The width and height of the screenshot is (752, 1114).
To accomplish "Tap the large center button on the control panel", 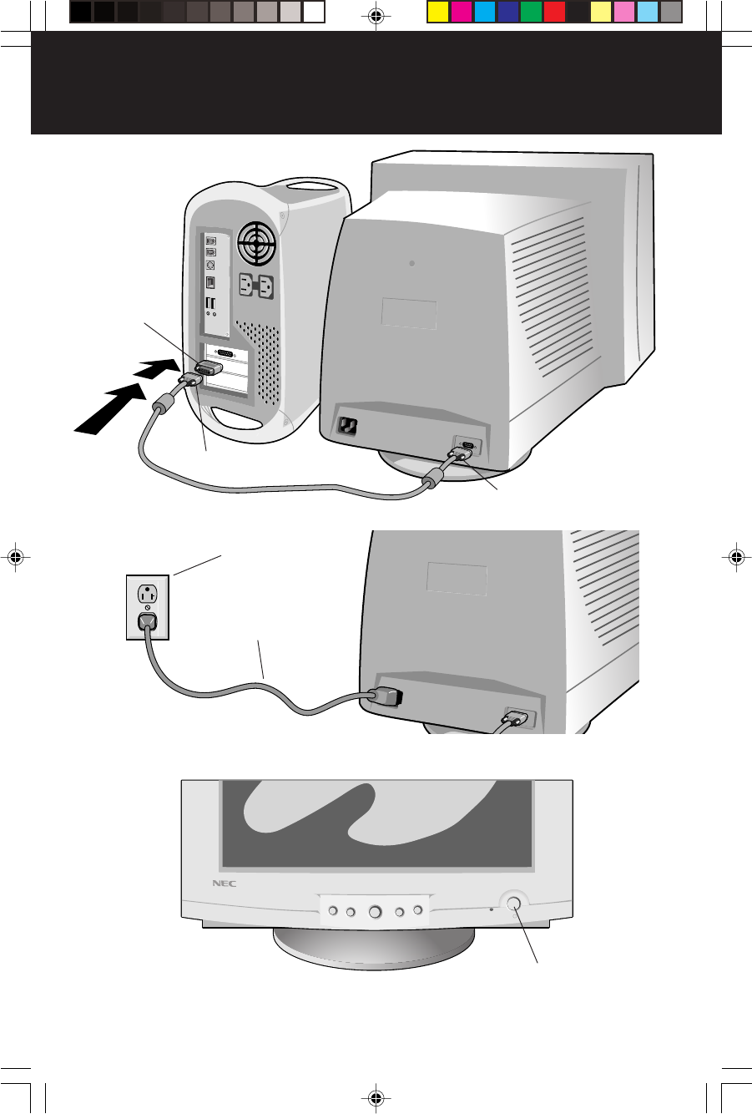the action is [x=375, y=911].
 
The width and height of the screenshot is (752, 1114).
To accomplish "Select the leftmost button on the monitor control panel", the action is [x=332, y=910].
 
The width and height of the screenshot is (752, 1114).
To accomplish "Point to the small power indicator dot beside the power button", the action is [x=491, y=911].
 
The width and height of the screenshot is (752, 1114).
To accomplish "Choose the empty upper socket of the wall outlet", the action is [x=148, y=595].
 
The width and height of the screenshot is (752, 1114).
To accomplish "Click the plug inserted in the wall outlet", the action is [x=148, y=622].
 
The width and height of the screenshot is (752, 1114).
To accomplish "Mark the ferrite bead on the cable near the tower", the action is [x=162, y=411].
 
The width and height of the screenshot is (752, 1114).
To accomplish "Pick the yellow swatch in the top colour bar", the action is [x=437, y=12].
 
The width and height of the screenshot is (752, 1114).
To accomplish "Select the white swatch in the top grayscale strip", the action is [x=314, y=12].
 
